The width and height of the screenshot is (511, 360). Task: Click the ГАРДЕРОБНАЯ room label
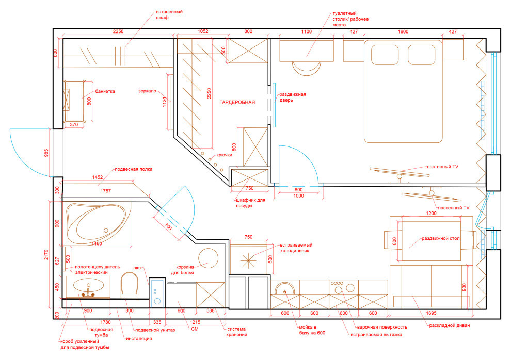pyautogui.click(x=237, y=102)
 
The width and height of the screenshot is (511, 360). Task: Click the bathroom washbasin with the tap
pyautogui.click(x=88, y=286)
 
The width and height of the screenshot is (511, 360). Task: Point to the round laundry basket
pyautogui.click(x=208, y=258)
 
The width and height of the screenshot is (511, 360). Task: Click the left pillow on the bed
pyautogui.click(x=385, y=55)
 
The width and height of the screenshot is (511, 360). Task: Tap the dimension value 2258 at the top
pyautogui.click(x=118, y=31)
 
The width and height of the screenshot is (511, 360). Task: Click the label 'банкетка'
pyautogui.click(x=105, y=91)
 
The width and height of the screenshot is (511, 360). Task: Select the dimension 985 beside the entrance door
pyautogui.click(x=46, y=153)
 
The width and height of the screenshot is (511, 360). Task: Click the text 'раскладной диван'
pyautogui.click(x=450, y=325)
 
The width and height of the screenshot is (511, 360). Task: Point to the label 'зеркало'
pyautogui.click(x=147, y=91)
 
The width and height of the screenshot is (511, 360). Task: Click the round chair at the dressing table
pyautogui.click(x=306, y=69)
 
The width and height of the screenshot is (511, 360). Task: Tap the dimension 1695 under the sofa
pyautogui.click(x=431, y=313)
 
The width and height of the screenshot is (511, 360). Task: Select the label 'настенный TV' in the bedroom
pyautogui.click(x=442, y=167)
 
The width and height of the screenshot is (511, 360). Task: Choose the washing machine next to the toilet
pyautogui.click(x=157, y=292)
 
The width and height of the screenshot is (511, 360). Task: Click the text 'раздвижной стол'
pyautogui.click(x=441, y=239)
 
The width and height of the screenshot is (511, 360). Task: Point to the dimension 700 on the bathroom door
pyautogui.click(x=168, y=226)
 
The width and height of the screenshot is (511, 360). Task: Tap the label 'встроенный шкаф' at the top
pyautogui.click(x=169, y=14)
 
